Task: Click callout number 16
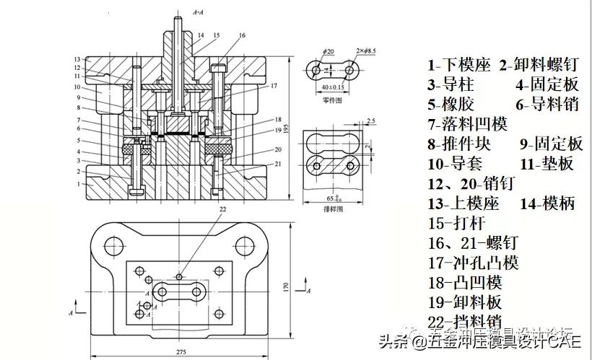(241, 35)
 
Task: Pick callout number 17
(274, 86)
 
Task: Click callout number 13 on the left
(77, 58)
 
